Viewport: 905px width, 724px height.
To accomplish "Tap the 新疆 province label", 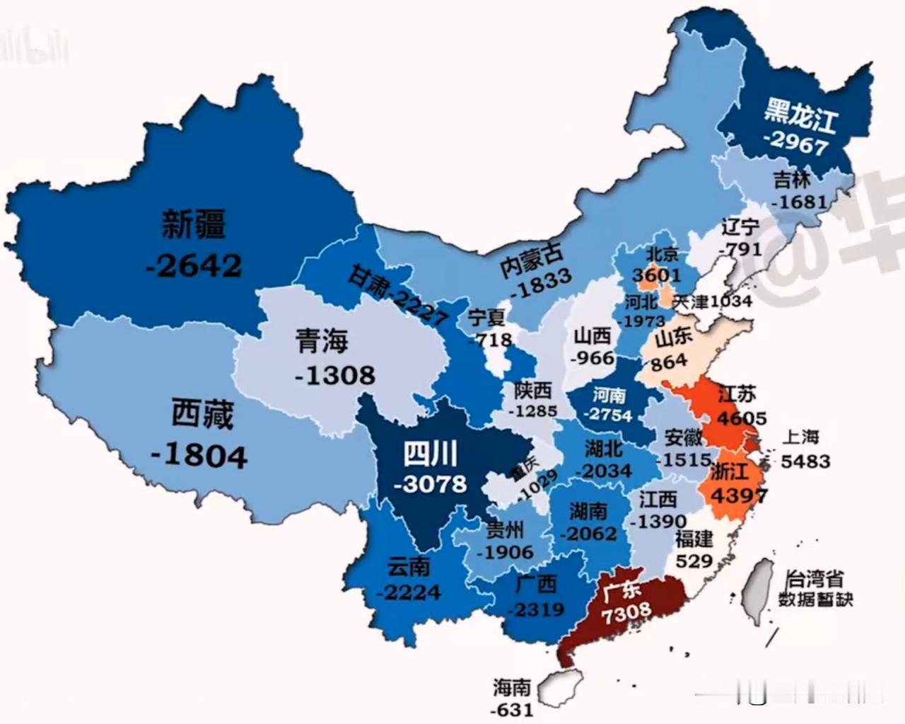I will pyautogui.click(x=194, y=224).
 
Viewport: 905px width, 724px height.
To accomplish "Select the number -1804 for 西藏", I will pyautogui.click(x=199, y=454).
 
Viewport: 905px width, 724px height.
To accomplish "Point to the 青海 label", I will pyautogui.click(x=322, y=341).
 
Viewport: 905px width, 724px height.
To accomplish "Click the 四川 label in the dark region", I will pyautogui.click(x=430, y=454).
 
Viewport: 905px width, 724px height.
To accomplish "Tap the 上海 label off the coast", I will pyautogui.click(x=800, y=437).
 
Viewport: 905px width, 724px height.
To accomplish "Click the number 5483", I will pyautogui.click(x=805, y=461).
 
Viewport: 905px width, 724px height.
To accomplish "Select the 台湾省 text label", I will pyautogui.click(x=814, y=579).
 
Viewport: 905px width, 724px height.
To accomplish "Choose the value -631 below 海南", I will pyautogui.click(x=512, y=708).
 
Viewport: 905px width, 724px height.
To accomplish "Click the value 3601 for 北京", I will pyautogui.click(x=656, y=275).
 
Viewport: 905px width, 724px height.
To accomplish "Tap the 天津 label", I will pyautogui.click(x=690, y=301).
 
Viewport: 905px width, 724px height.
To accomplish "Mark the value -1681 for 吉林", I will pyautogui.click(x=799, y=202).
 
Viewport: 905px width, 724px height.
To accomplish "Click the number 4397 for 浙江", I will pyautogui.click(x=738, y=495).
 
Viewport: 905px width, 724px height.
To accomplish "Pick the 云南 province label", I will pyautogui.click(x=408, y=567).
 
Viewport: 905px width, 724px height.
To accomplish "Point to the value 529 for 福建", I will pyautogui.click(x=693, y=561).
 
